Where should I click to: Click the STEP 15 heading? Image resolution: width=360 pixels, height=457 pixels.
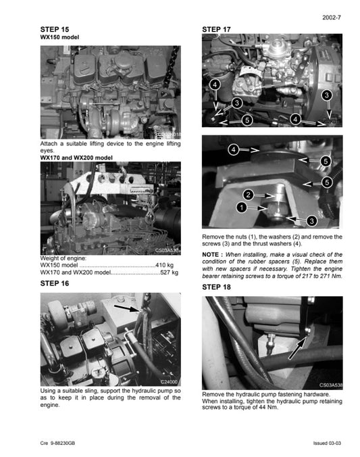click(55, 30)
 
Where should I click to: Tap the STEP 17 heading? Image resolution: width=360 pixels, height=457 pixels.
click(217, 30)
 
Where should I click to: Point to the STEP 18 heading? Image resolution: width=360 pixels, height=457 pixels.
click(217, 287)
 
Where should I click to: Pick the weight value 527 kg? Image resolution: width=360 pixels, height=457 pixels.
click(169, 273)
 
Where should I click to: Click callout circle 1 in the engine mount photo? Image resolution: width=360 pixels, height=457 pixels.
click(241, 208)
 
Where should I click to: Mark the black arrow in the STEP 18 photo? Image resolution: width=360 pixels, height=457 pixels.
click(297, 349)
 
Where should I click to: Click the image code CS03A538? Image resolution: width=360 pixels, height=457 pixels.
click(331, 384)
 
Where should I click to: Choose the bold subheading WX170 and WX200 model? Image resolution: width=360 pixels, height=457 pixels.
click(76, 158)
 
